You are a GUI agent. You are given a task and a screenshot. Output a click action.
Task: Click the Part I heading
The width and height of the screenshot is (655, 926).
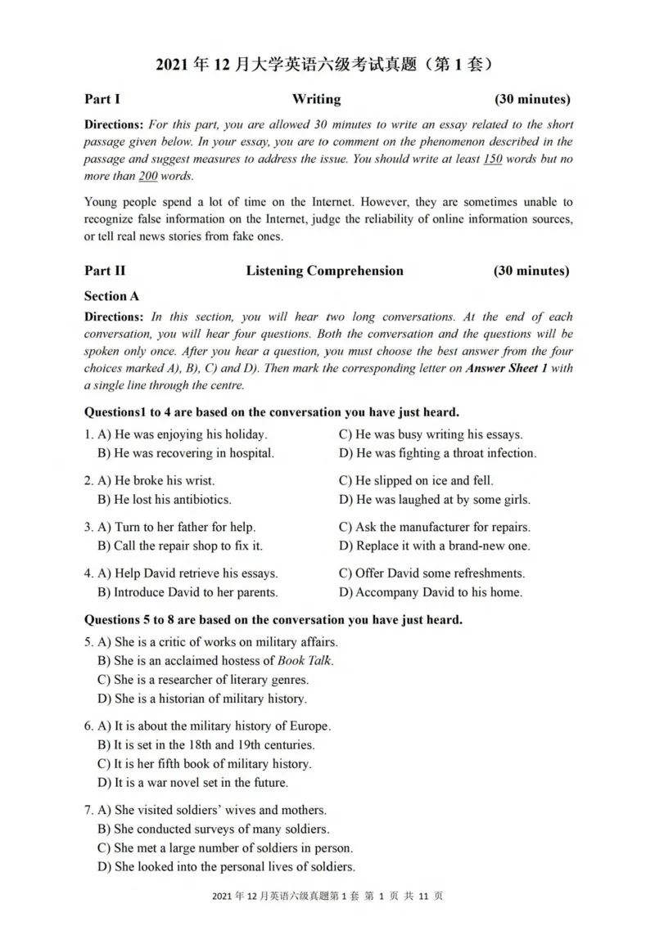tap(102, 99)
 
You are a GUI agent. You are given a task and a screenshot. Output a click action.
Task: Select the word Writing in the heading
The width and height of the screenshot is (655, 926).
tap(316, 99)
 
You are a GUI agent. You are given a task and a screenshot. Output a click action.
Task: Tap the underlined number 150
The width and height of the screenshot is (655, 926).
tap(492, 159)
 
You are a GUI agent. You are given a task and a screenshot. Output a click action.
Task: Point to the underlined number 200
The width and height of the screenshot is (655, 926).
tap(147, 176)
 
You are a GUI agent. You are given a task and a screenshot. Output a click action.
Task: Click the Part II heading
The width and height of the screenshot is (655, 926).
tap(105, 271)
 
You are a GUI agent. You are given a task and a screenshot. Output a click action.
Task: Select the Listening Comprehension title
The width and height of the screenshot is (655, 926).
tap(324, 271)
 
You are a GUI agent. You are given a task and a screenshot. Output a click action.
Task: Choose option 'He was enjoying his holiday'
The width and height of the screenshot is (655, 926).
tap(183, 434)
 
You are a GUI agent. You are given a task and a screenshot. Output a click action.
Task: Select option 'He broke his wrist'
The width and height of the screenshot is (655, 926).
tap(156, 481)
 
